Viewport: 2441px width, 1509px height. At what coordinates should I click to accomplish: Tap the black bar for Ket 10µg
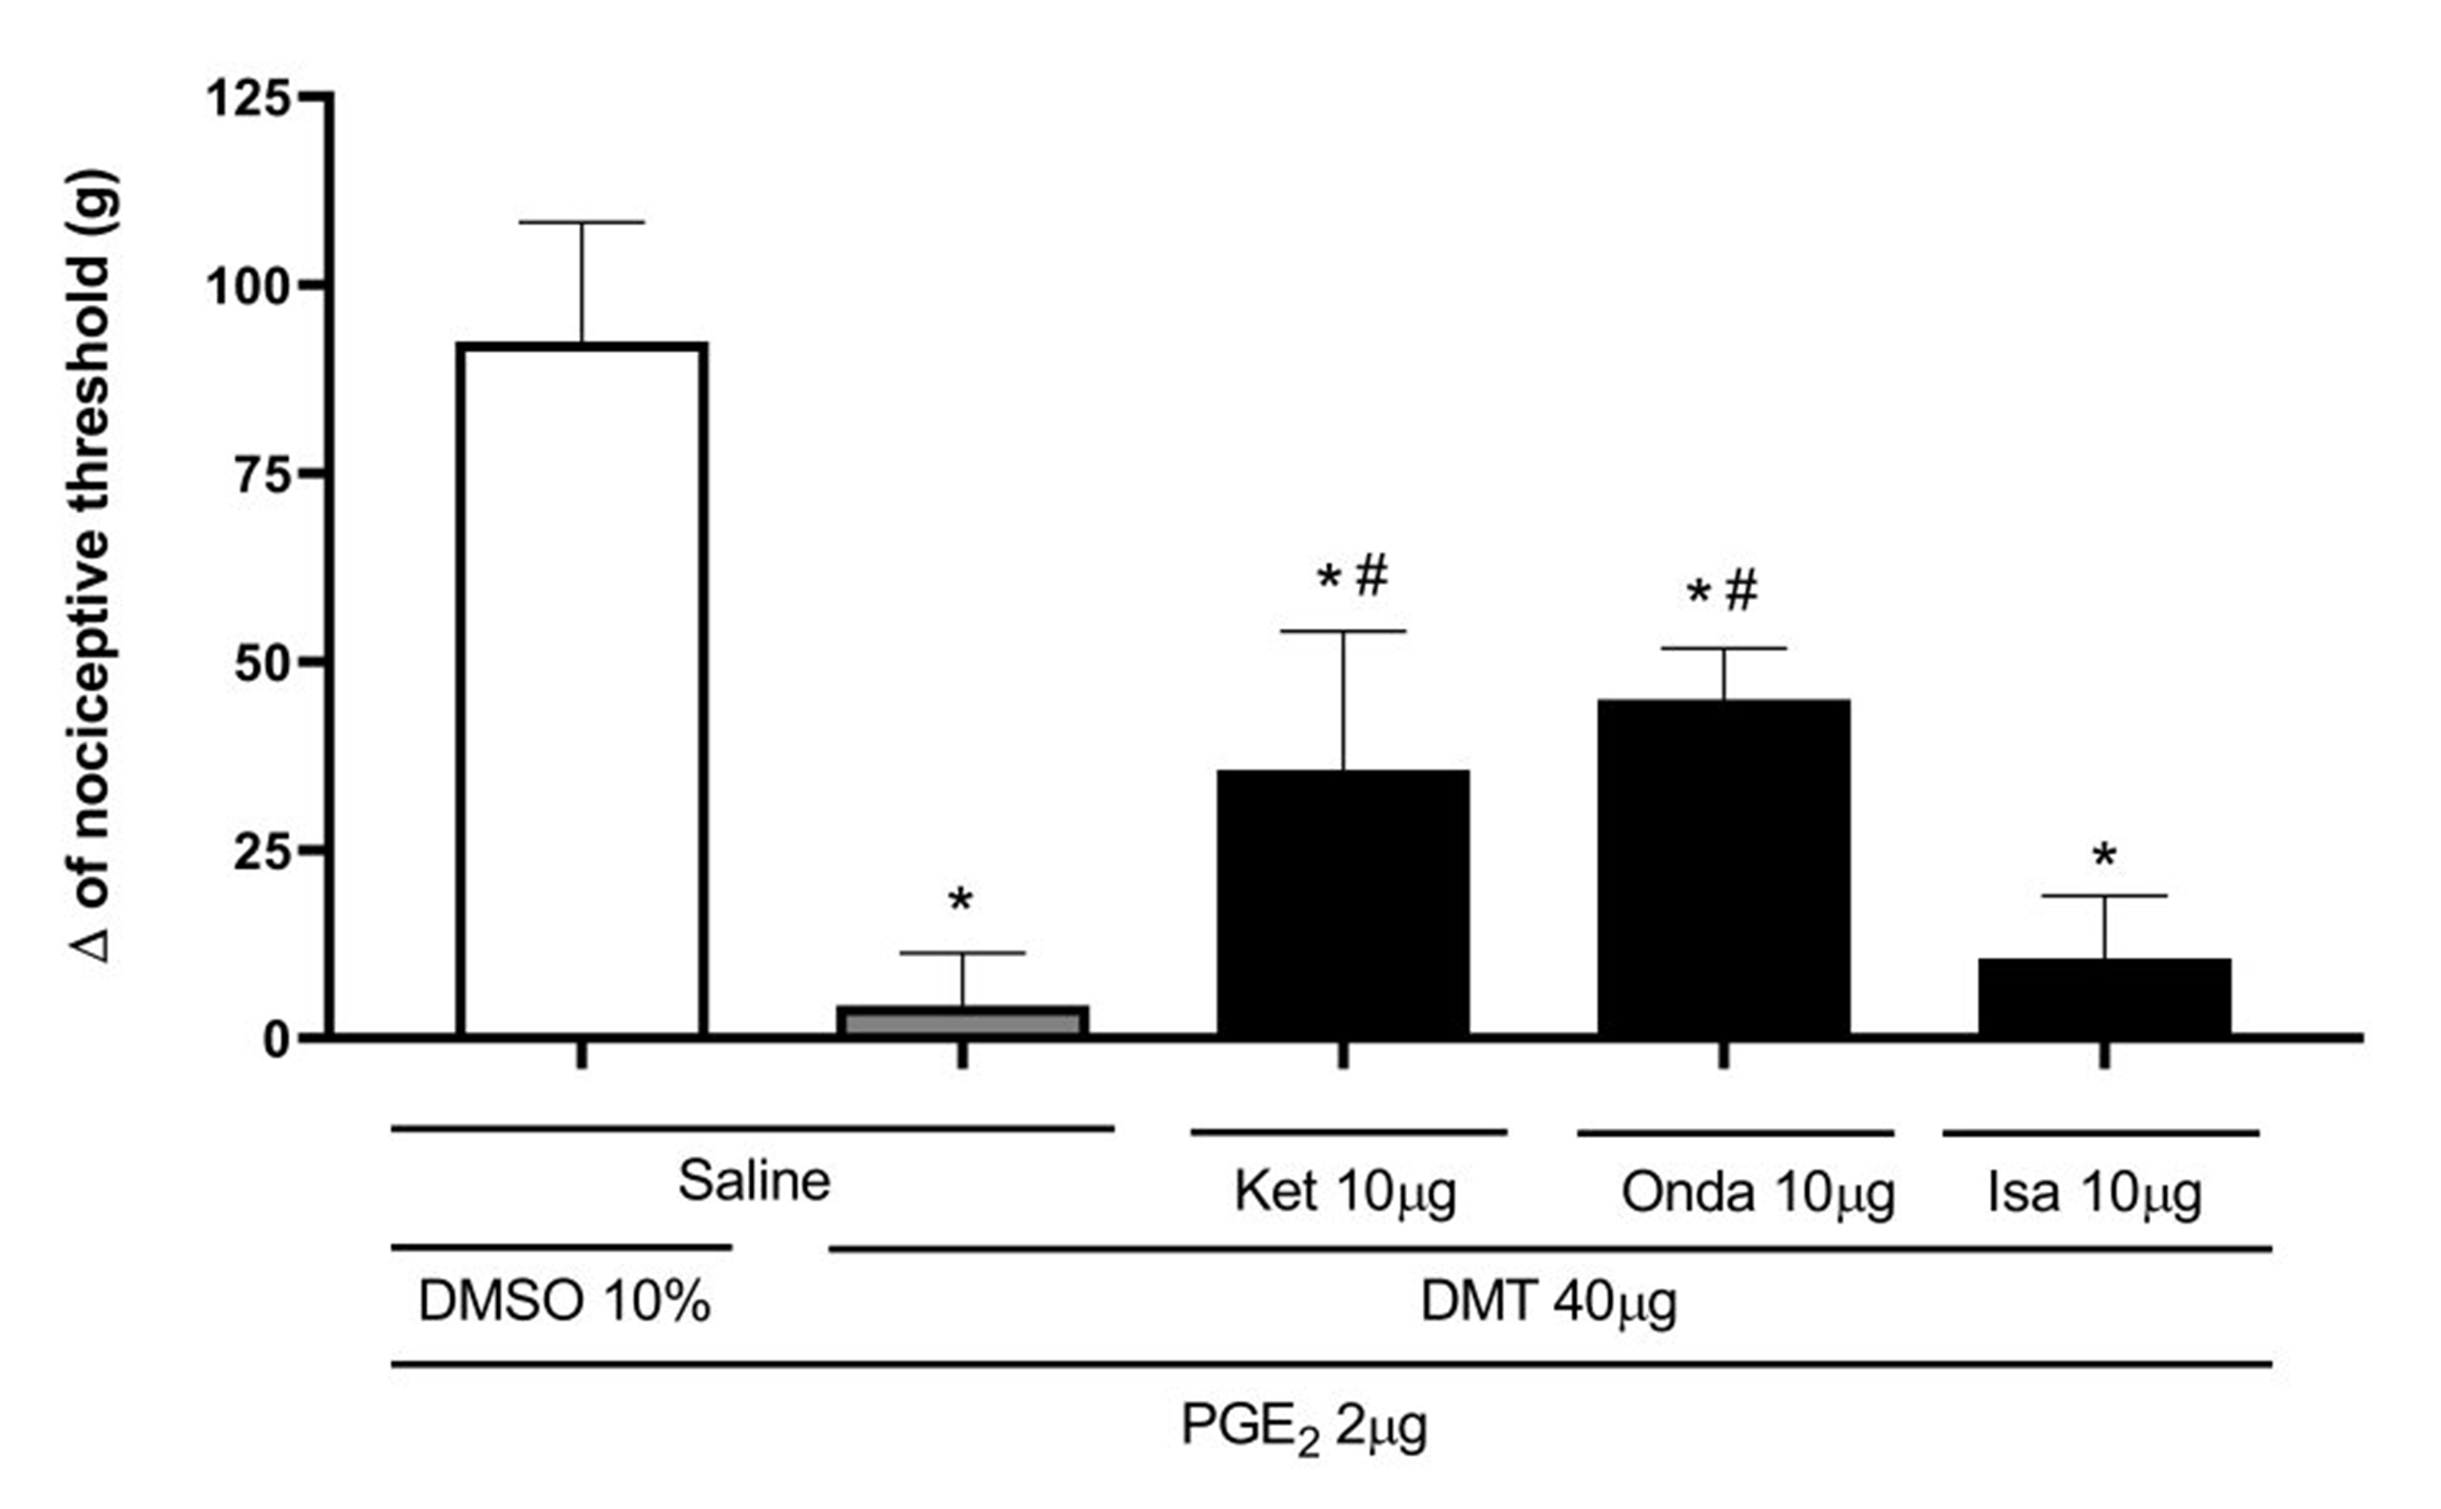[x=1343, y=903]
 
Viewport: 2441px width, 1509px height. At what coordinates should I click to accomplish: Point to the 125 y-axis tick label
[x=249, y=98]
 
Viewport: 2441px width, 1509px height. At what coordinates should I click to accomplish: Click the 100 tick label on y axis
[x=249, y=286]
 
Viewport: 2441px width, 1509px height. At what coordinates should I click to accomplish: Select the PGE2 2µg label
[x=1303, y=1427]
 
